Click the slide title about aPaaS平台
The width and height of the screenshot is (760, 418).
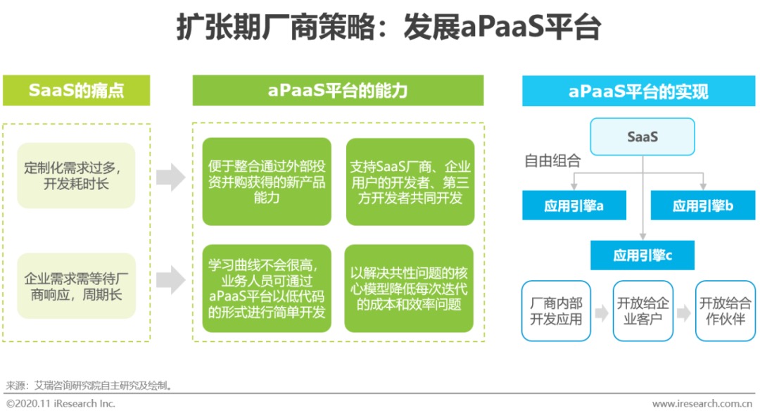coord(388,27)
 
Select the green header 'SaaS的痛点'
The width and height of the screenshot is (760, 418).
coord(77,90)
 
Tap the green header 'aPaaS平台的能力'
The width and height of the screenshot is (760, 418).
coord(338,90)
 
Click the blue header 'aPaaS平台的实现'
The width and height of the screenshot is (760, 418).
coord(638,91)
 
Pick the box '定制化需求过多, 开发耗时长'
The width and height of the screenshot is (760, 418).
coord(76,175)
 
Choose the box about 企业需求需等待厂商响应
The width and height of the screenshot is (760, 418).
coord(76,286)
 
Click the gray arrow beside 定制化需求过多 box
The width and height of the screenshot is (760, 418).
coord(170,177)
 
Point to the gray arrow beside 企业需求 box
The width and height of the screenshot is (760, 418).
coord(170,280)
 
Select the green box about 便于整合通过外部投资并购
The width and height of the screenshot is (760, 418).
coord(267,182)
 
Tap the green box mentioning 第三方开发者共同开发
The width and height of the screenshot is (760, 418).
coord(410,182)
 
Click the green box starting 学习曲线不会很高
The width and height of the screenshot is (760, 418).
coord(267,288)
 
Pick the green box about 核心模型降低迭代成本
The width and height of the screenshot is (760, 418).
coord(409,288)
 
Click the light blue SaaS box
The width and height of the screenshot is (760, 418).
coord(642,137)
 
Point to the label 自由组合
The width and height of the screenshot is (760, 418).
coord(552,160)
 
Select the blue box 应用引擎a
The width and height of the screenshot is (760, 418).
coord(574,205)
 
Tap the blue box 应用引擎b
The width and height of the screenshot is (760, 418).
coord(703,205)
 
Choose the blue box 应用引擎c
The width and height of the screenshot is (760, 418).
coord(642,255)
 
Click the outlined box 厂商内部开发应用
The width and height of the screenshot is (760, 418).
coord(556,311)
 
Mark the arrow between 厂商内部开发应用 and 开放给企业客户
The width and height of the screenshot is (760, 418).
coord(602,312)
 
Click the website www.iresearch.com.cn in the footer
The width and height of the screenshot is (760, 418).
coord(702,403)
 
